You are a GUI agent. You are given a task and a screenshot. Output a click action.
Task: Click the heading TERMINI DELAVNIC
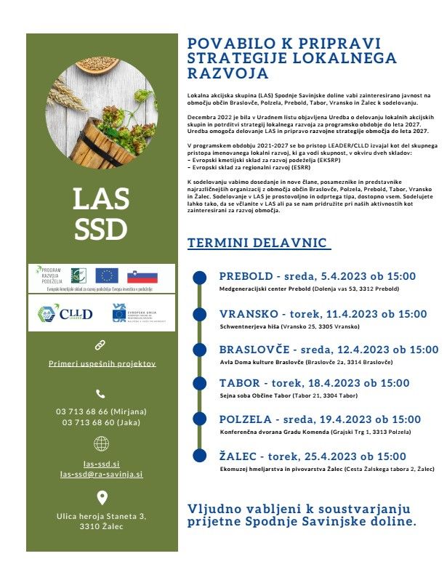(257, 243)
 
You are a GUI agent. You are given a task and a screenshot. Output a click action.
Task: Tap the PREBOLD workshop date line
(317, 276)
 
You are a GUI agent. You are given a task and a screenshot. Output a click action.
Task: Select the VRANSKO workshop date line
(323, 314)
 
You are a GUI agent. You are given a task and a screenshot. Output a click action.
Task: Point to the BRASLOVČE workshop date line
(329, 350)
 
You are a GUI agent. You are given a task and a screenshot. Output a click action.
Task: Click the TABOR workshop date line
(314, 383)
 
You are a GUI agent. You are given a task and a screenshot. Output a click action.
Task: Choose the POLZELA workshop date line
(320, 419)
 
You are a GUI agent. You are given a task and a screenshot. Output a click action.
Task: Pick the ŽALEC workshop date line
(313, 456)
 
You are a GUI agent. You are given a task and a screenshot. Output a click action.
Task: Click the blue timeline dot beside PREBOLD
(199, 278)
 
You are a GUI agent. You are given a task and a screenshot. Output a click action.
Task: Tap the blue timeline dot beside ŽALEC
(199, 456)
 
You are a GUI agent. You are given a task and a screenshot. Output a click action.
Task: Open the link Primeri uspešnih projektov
(102, 363)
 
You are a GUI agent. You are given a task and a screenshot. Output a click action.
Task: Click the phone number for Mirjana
(102, 411)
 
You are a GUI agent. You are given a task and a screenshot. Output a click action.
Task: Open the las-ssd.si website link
(102, 463)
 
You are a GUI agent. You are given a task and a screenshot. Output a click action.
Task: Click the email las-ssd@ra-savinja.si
(102, 474)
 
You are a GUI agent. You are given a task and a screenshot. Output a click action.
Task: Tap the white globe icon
(102, 443)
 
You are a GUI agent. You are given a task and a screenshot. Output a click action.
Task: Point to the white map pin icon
(102, 498)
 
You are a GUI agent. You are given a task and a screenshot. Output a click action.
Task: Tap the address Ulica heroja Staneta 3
(102, 516)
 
